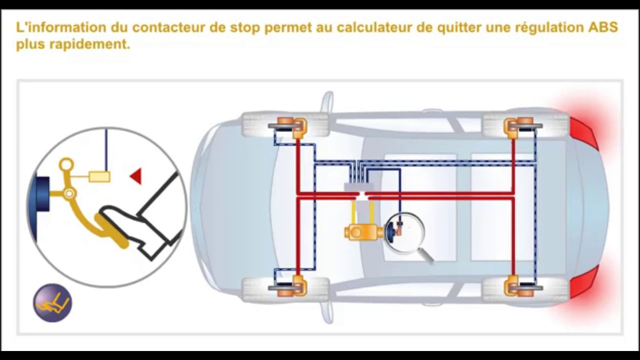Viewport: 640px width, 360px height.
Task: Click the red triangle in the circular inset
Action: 136,176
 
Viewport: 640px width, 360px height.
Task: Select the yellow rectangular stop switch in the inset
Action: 99,176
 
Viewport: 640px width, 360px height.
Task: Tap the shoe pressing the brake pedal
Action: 145,220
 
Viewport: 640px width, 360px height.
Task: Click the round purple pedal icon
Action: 52,302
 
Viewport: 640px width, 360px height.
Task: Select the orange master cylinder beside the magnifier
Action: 363,231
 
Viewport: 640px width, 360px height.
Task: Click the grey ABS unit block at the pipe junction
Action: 358,187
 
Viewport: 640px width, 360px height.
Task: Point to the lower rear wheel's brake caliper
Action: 517,286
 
